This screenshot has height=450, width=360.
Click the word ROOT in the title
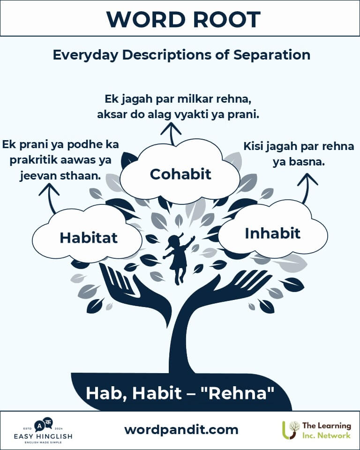[x=226, y=20]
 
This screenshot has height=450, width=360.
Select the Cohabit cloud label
[x=180, y=174]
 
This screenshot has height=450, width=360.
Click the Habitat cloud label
[x=89, y=238]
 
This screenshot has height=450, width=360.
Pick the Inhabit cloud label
[x=272, y=233]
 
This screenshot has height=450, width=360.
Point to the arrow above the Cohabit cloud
[x=171, y=134]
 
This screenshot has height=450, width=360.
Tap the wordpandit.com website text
[x=181, y=430]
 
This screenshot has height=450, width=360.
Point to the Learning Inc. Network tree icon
[x=291, y=430]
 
